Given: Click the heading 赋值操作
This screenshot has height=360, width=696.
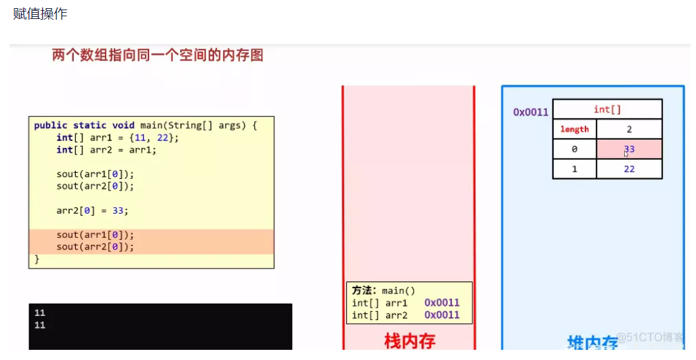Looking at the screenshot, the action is pos(40,14).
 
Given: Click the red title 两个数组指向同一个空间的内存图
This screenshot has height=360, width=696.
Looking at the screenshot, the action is pos(157,56).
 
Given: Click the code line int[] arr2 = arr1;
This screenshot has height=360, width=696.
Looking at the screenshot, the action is pos(106,150).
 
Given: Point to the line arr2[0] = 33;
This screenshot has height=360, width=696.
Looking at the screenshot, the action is pos(92,210).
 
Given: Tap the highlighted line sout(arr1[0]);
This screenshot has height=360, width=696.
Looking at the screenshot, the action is pos(95,235).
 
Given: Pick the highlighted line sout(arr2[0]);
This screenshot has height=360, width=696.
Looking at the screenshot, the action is pos(95,247).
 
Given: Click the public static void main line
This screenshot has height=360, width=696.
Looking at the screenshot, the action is pos(146,125).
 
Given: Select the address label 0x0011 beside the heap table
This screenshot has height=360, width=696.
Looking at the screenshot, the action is pos(531,112).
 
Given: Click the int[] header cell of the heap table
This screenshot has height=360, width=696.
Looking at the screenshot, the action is pos(607,109).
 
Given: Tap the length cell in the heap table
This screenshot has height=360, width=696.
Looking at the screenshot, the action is pos(574,129).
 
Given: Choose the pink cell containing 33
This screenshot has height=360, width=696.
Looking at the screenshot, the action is pos(629,149).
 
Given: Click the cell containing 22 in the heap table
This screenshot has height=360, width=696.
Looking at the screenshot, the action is pos(629,169).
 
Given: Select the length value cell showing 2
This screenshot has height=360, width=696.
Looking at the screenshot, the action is pos(629,129).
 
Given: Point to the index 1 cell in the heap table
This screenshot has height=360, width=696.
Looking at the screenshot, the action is pos(574,169).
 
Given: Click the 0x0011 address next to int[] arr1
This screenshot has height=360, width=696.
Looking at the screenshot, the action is pos(442,303).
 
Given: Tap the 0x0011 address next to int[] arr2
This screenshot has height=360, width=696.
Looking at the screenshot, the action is pos(442,315).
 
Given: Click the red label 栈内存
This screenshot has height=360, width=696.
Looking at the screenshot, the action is pos(409,340).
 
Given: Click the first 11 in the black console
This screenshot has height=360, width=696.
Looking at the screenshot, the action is pos(39,313).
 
